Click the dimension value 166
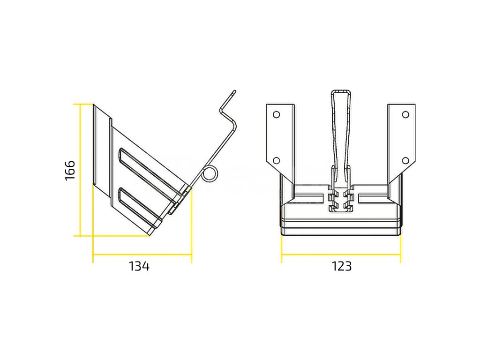[70, 170]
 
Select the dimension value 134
[139, 266]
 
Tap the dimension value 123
[342, 266]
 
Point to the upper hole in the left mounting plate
[276, 114]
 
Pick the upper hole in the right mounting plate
[405, 114]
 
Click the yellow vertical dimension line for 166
[81, 170]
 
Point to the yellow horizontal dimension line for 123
[341, 255]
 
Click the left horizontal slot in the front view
[309, 195]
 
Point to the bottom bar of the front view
[341, 231]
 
